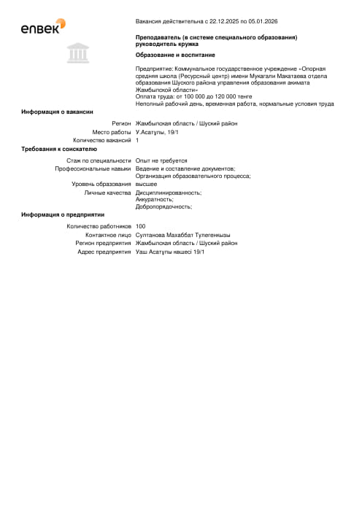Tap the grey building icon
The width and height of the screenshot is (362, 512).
coord(74,53)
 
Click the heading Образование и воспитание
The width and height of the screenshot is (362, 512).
coord(175,55)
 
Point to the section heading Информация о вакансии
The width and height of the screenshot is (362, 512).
coord(57,112)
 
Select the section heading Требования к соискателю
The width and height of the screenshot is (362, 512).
coord(59,149)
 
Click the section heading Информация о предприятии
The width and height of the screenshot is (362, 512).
coord(63,214)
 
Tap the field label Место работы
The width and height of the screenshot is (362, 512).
coord(111,132)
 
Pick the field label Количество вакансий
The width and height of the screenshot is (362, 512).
coord(102,140)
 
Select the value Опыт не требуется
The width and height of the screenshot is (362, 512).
coord(161,160)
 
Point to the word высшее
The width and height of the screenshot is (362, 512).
coord(147,184)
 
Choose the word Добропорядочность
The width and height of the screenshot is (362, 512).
coord(163,206)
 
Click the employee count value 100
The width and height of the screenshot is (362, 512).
coord(141,227)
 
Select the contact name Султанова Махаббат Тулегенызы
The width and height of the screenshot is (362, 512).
coord(183,235)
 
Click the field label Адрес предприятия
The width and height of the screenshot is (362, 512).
coord(104,252)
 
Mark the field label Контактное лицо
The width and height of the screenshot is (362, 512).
coord(108,235)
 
